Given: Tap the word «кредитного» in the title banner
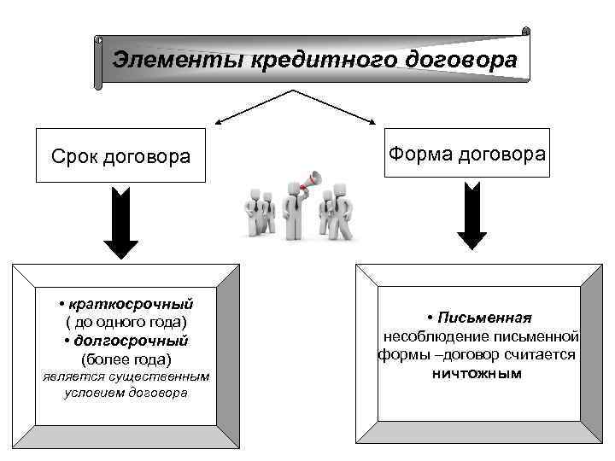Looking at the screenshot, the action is point(310,61).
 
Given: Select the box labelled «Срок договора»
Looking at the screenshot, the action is point(120,155).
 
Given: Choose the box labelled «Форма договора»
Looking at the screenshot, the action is point(466,155).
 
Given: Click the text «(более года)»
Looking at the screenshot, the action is point(126,359).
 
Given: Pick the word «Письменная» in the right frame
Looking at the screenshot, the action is point(484,318).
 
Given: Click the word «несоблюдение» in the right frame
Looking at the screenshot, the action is point(433,336).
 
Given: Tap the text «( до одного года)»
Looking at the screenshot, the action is point(126,323).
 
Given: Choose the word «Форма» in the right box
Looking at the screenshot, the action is point(415,155).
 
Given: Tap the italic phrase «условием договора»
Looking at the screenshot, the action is point(126,393).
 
